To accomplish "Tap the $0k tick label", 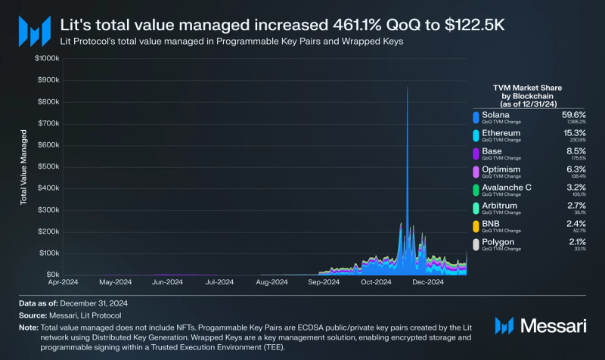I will (48, 275).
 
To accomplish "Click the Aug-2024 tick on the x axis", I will (271, 284).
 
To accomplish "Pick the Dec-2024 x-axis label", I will (427, 284).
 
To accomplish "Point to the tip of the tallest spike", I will (408, 87).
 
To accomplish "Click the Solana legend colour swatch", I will (475, 117).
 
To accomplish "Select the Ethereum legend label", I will (501, 133).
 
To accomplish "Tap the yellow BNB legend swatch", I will (475, 226).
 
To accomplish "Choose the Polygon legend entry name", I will (498, 242).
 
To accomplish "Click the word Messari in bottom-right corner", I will (554, 326).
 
